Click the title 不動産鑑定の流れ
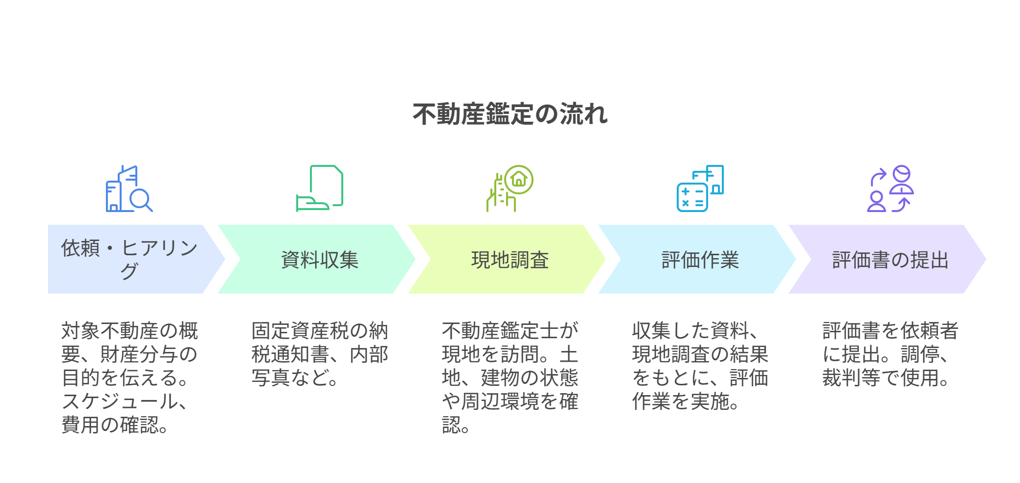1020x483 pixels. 510,114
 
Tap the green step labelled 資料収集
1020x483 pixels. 317,259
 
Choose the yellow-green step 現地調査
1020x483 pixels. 507,259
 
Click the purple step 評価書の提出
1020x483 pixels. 888,259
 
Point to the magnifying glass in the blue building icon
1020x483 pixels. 141,200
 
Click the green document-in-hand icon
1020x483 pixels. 320,188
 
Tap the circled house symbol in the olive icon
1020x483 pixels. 519,180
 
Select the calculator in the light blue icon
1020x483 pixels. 692,197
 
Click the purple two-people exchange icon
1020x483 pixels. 891,188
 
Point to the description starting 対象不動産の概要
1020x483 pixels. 129,377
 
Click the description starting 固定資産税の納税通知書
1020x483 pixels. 320,354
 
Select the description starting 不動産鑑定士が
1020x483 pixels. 510,377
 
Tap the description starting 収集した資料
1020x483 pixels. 700,366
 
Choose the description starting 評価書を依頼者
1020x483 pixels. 891,354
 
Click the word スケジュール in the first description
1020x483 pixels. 120,401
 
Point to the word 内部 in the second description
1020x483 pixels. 369,354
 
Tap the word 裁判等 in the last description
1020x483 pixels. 851,377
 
